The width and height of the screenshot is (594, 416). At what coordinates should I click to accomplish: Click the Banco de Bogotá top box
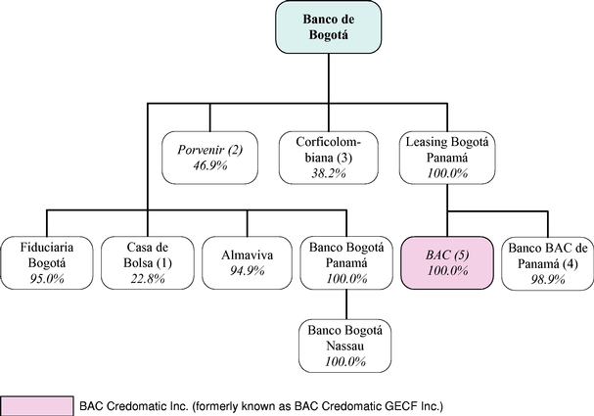[329, 26]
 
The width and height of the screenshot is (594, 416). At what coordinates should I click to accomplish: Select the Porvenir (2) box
[209, 158]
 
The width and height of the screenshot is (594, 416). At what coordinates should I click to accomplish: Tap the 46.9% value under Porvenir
[209, 165]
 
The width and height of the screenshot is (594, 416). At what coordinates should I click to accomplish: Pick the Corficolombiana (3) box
[329, 158]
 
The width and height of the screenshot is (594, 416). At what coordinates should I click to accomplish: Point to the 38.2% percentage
[329, 173]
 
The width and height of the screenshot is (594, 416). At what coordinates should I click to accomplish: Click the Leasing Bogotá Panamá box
[447, 158]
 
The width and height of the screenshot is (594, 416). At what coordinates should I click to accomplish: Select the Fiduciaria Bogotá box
[47, 263]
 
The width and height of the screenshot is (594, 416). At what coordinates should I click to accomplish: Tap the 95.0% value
[47, 279]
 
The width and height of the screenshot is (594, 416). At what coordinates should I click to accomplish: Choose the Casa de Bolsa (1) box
[148, 263]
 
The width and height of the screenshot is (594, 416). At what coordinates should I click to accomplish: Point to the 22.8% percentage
[148, 279]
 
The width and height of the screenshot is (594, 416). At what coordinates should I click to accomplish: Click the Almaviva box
[247, 263]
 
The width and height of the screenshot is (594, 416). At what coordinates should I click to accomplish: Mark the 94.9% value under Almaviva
[247, 271]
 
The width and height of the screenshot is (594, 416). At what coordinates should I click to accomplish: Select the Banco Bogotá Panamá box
[346, 263]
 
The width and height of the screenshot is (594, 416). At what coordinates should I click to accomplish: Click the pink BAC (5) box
[447, 263]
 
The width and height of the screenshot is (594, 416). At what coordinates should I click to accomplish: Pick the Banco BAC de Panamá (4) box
[548, 263]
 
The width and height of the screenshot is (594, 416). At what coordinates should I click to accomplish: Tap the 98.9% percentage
[548, 279]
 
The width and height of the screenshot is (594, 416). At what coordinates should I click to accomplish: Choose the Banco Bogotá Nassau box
[344, 346]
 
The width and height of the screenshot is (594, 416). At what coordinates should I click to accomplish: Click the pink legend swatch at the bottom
[37, 406]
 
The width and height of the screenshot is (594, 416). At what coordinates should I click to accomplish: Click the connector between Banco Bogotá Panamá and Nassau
[346, 304]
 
